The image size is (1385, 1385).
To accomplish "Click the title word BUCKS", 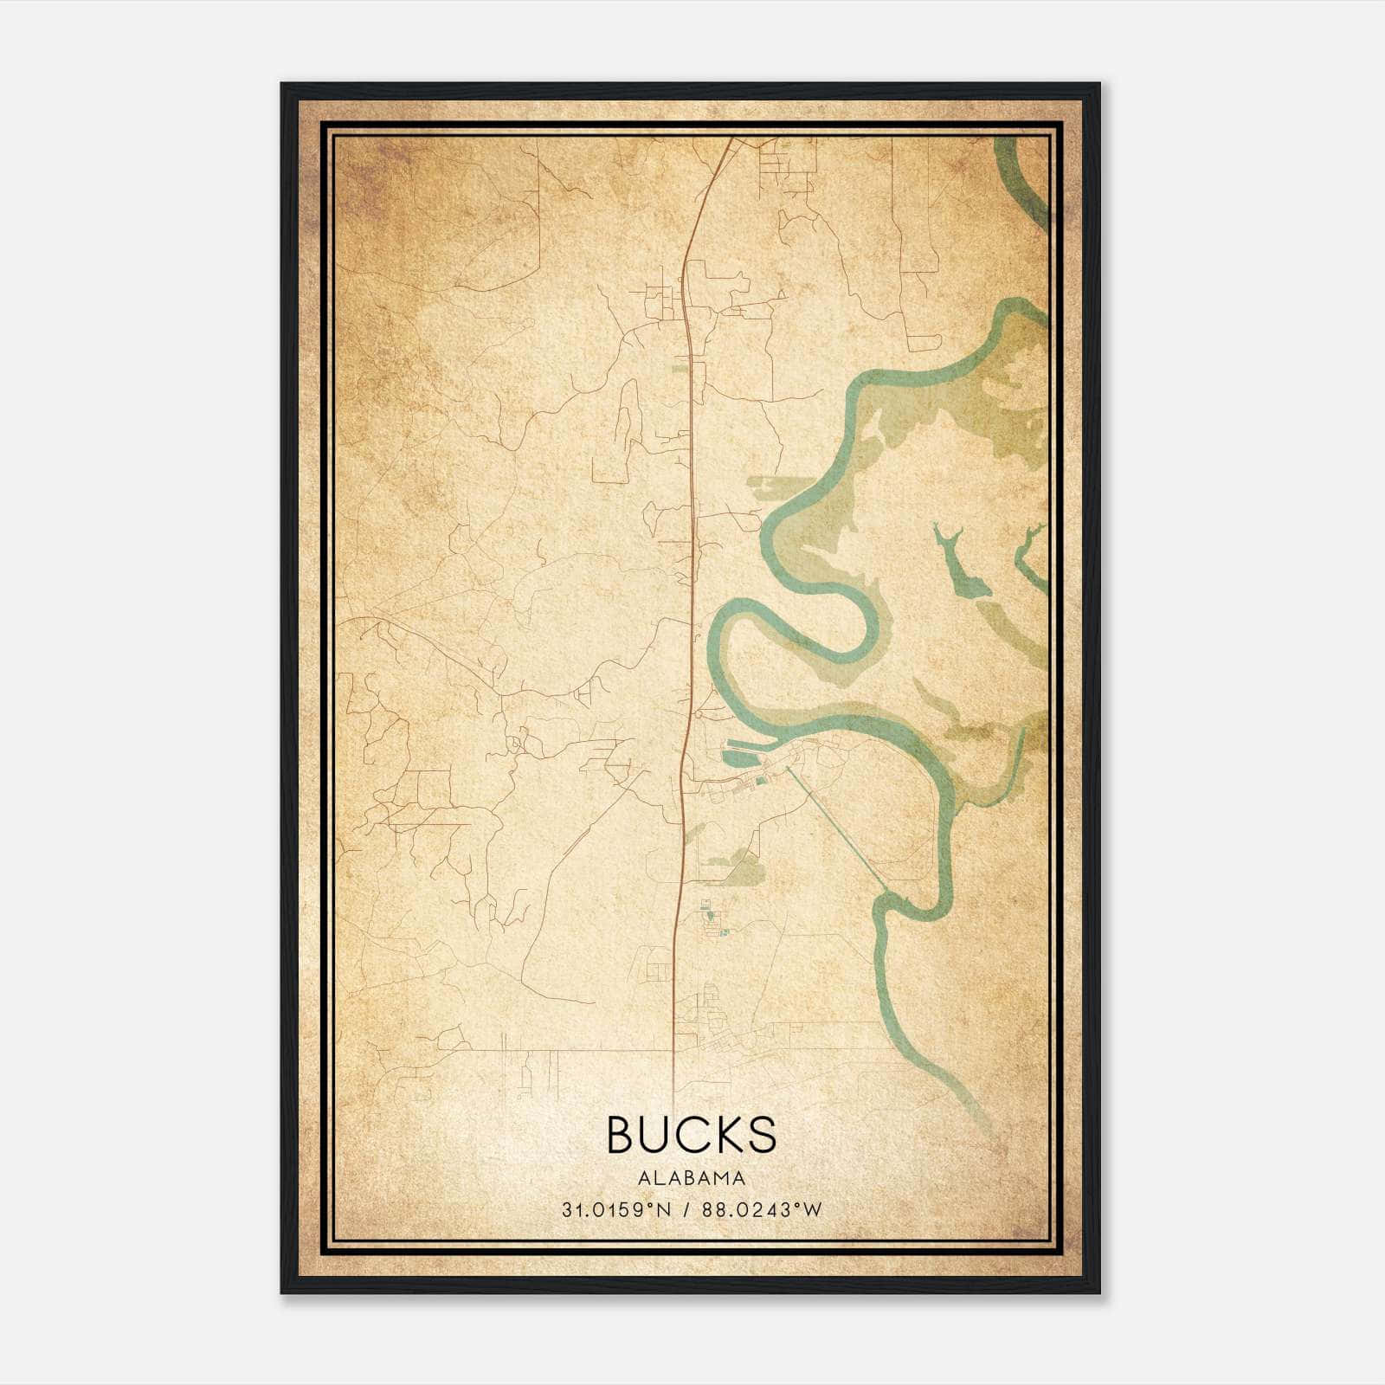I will click(692, 1135).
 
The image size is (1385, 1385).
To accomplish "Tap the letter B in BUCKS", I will click(623, 1135).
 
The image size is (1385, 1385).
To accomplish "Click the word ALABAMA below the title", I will click(692, 1178).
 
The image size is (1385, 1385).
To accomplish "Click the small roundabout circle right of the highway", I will click(698, 715).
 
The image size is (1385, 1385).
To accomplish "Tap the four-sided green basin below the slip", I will click(738, 759).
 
